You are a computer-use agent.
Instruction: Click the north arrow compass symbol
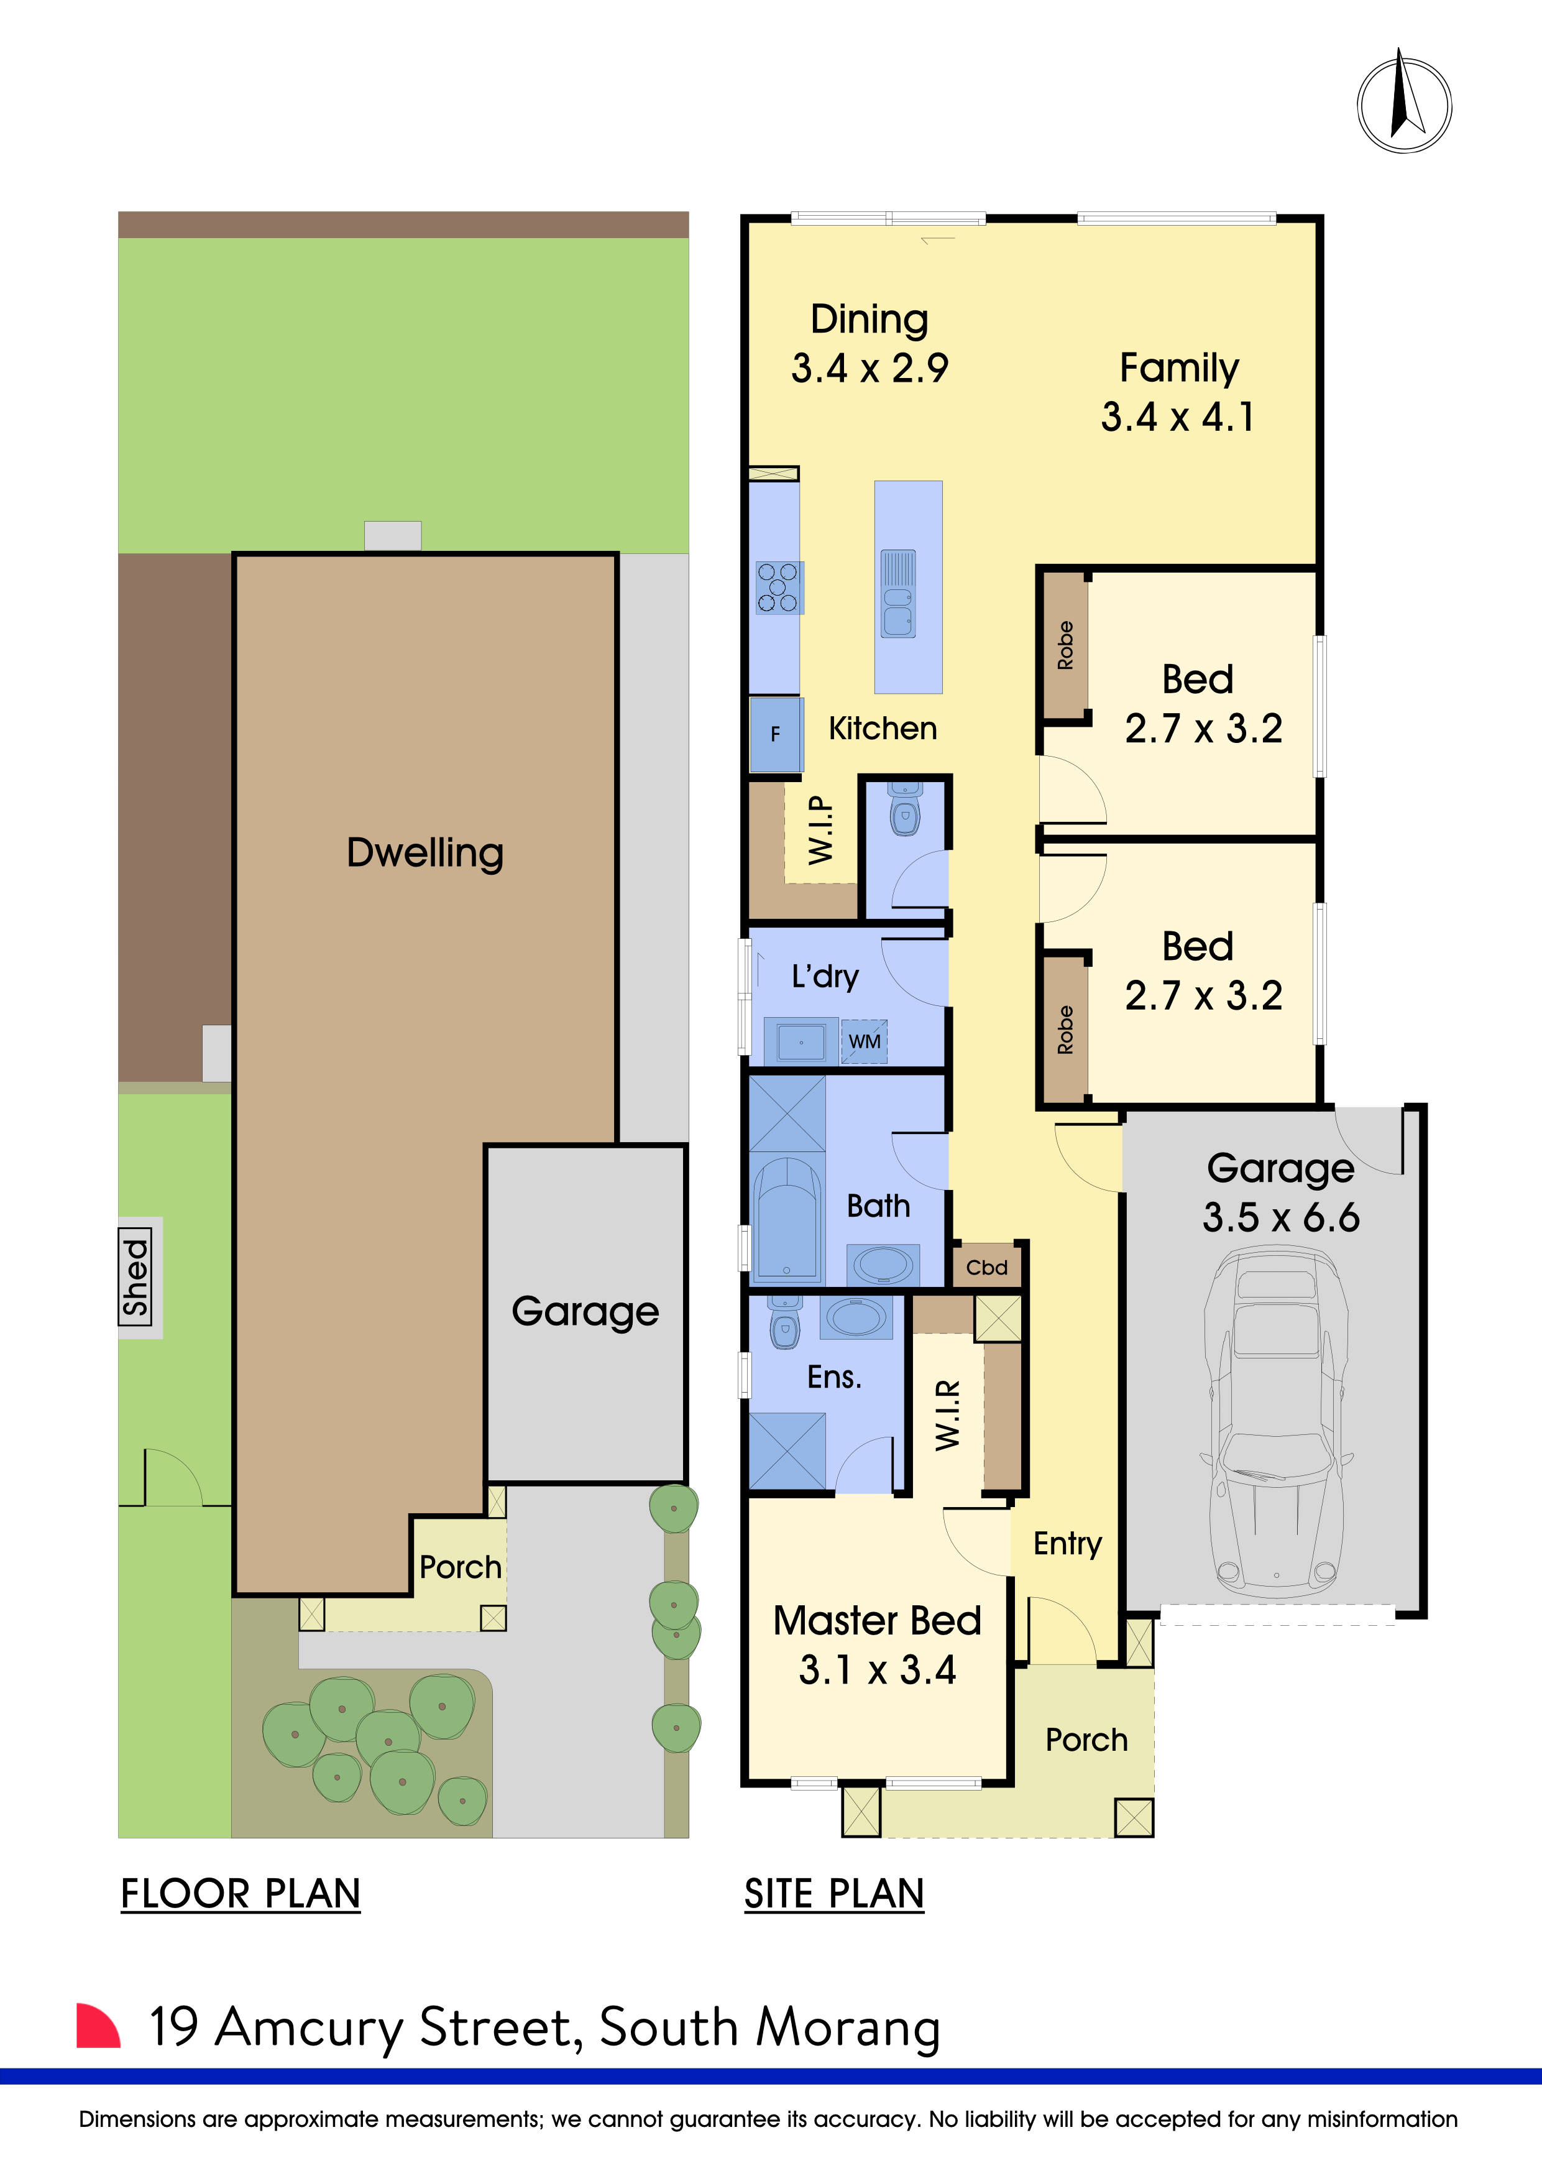1403,104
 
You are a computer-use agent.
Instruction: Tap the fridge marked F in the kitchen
776,734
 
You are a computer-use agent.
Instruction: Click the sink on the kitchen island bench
897,594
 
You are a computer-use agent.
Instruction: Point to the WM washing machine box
864,1041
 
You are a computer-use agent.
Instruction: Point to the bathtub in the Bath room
786,1220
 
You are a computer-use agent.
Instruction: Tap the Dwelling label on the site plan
425,852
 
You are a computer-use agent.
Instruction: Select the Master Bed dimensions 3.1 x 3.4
876,1669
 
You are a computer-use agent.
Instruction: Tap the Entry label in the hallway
1067,1544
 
